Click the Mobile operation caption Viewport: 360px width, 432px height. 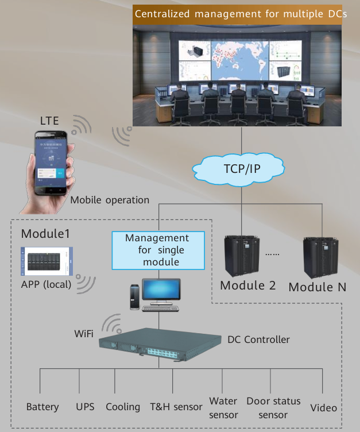pyautogui.click(x=110, y=200)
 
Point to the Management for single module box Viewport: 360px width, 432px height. pyautogui.click(x=157, y=250)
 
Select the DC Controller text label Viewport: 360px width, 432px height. pyautogui.click(x=258, y=340)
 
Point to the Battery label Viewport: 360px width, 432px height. pyautogui.click(x=42, y=407)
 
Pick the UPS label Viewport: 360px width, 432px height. pyautogui.click(x=86, y=407)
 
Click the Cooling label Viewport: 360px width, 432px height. pyautogui.click(x=123, y=407)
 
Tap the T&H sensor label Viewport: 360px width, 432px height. pyautogui.click(x=176, y=407)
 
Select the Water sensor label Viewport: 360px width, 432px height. pyautogui.click(x=223, y=407)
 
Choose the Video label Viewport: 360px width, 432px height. pyautogui.click(x=323, y=407)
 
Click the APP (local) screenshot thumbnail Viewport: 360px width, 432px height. pyautogui.click(x=47, y=262)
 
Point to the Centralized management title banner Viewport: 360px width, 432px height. pyautogui.click(x=240, y=13)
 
